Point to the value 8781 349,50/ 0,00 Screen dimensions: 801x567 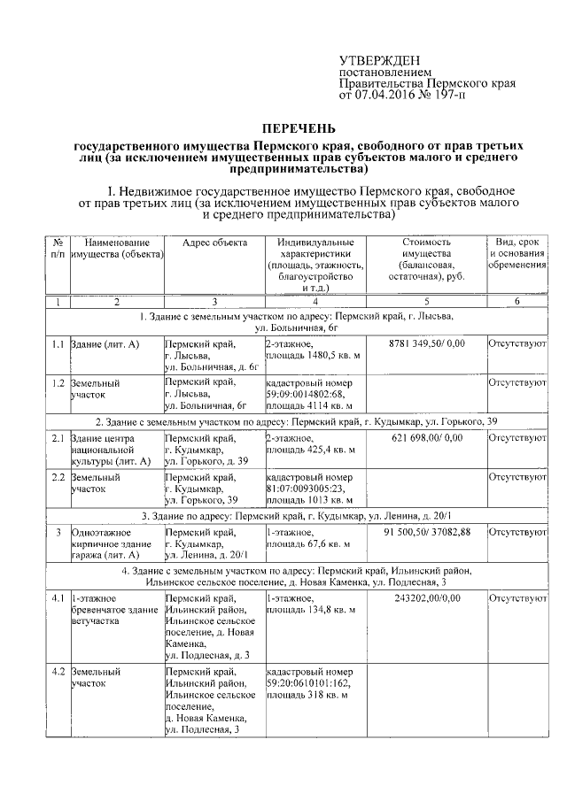(426, 343)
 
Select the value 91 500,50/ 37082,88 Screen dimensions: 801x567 (426, 532)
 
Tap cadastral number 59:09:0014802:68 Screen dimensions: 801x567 (308, 394)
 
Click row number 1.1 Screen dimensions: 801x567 (58, 343)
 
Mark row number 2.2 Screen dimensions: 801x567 (58, 477)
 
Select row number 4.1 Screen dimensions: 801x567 (58, 598)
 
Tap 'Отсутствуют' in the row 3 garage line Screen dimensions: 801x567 (517, 532)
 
